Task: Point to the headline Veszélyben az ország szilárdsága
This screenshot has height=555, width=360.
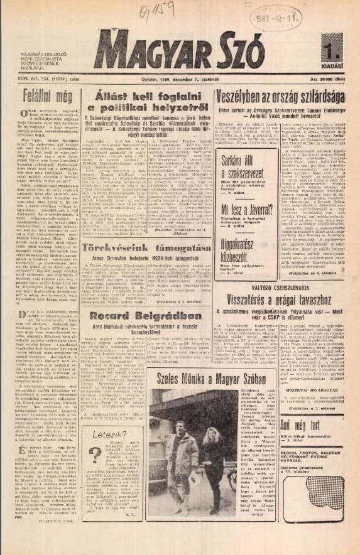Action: coord(284,98)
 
